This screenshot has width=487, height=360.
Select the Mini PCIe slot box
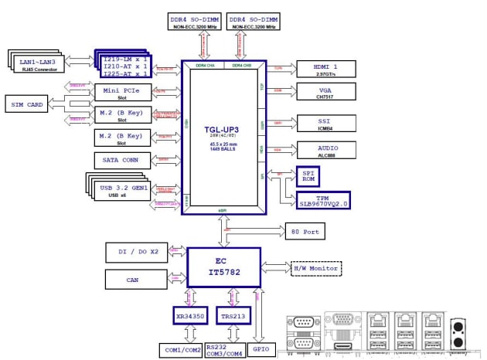tap(122, 93)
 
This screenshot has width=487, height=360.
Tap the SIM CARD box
tap(27, 104)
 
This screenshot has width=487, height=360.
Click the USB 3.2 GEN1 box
tap(124, 190)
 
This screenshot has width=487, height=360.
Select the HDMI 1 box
tap(326, 70)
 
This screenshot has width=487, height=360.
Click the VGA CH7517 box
tap(326, 93)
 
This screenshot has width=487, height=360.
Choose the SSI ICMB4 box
tap(326, 124)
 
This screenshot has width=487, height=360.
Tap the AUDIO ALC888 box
tap(326, 150)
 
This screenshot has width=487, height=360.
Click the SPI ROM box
tap(308, 176)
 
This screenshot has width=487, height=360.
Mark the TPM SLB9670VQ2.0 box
tap(322, 200)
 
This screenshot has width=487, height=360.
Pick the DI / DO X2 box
tap(136, 253)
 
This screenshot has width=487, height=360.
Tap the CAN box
tap(136, 280)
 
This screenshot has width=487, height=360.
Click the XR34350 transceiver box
tap(189, 315)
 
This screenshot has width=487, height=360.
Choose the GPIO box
tap(261, 350)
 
